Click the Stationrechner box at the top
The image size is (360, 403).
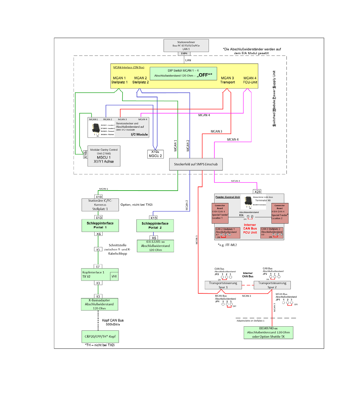(186, 45)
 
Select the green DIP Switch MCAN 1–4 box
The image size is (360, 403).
(183, 73)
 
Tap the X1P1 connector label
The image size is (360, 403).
(184, 54)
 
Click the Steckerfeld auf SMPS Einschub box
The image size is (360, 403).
(196, 164)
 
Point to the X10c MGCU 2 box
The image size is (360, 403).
(155, 154)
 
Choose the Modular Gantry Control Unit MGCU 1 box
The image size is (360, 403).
(104, 156)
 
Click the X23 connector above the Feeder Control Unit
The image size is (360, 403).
(257, 192)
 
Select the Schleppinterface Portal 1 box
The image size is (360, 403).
(100, 225)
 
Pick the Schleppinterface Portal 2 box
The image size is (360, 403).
(155, 225)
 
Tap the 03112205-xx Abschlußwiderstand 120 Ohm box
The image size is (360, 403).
(155, 246)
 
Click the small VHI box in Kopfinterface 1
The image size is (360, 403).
(114, 276)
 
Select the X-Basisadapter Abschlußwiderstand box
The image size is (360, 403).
(99, 304)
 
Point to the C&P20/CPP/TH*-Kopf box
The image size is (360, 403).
(100, 336)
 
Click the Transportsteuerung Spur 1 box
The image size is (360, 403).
(223, 285)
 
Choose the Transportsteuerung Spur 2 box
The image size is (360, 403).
(272, 285)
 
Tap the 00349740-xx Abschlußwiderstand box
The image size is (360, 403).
(268, 333)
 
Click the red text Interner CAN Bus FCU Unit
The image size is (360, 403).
(250, 229)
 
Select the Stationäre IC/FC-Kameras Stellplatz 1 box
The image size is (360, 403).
(100, 205)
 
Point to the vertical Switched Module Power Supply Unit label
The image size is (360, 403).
(274, 98)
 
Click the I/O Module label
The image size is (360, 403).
(139, 134)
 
